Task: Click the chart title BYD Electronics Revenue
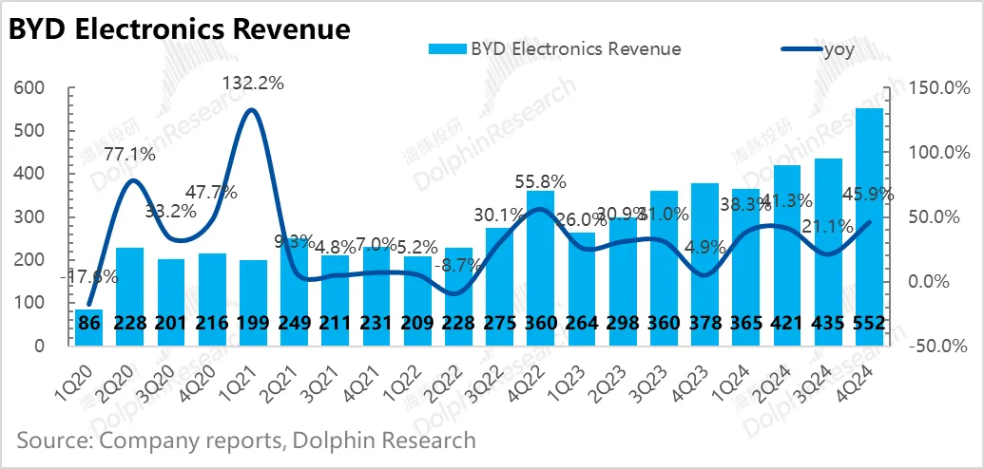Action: point(180,28)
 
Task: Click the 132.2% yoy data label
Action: point(253,83)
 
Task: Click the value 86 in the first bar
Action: point(88,324)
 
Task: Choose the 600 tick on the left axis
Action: point(29,88)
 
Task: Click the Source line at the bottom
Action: point(245,441)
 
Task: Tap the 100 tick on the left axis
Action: point(29,303)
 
